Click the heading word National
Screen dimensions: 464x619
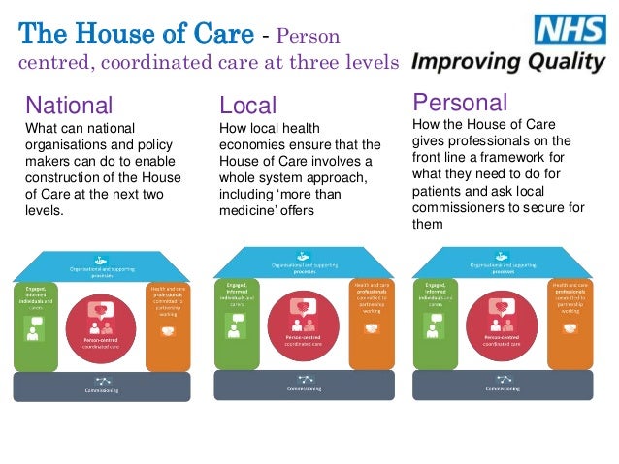pyautogui.click(x=69, y=105)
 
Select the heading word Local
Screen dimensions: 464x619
pyautogui.click(x=248, y=105)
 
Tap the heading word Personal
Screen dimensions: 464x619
pyautogui.click(x=460, y=102)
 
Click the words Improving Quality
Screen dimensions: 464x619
pyautogui.click(x=507, y=62)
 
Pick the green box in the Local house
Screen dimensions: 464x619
pyautogui.click(x=235, y=324)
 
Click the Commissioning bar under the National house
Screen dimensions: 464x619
pyautogui.click(x=103, y=387)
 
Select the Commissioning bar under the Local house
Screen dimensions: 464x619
pyautogui.click(x=303, y=386)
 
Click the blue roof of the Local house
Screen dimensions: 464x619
pyautogui.click(x=304, y=260)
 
